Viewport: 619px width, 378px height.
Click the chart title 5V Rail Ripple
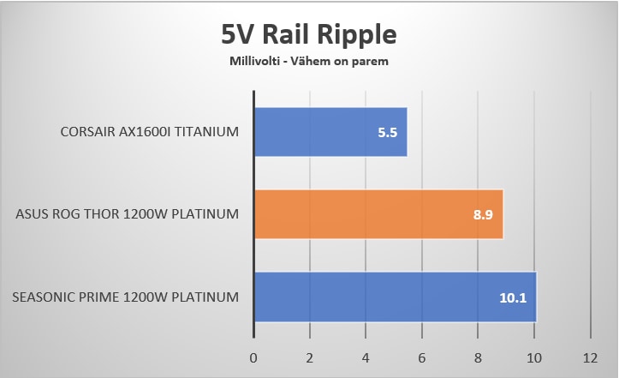[x=309, y=34]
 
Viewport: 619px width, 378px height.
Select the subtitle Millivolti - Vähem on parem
[x=309, y=62]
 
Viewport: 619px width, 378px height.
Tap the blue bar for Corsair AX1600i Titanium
[x=330, y=132]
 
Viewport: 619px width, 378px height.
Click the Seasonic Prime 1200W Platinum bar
[x=394, y=297]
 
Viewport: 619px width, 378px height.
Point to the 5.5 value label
[x=388, y=133]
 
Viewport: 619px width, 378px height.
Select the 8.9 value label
[x=484, y=215]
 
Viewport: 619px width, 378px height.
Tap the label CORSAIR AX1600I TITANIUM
[x=149, y=132]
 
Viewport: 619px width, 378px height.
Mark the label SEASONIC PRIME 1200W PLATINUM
[x=125, y=297]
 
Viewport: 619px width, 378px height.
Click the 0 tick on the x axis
[x=253, y=356]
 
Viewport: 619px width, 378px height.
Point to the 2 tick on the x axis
[x=310, y=356]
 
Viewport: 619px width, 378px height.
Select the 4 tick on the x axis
[x=366, y=356]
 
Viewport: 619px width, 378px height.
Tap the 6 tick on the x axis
[x=422, y=356]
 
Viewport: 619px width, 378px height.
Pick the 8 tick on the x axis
[x=478, y=356]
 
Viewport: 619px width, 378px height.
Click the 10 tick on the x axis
[x=534, y=356]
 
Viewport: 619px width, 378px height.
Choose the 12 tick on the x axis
[x=590, y=356]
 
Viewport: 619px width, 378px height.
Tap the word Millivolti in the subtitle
[x=254, y=62]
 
